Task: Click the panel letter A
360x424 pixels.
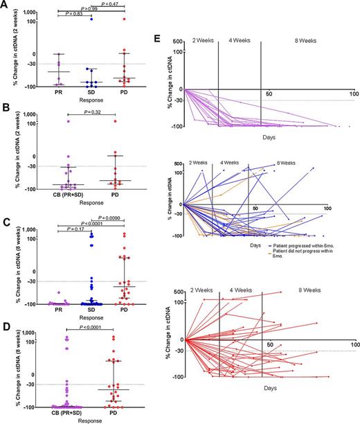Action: pos(5,6)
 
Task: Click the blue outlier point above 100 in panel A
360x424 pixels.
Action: pos(90,19)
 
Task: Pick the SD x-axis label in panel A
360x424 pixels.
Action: pos(90,93)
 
